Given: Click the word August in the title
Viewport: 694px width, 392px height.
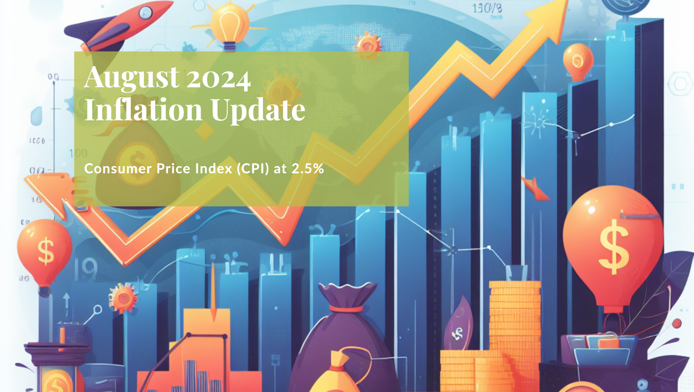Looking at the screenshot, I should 132,78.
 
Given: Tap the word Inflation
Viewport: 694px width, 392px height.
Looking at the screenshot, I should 143,110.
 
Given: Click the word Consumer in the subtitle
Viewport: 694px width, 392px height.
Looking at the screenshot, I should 118,169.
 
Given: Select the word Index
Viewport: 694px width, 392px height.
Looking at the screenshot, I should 214,169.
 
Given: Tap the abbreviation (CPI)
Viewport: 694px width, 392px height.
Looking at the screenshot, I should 253,169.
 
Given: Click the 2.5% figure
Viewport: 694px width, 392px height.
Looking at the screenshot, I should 308,169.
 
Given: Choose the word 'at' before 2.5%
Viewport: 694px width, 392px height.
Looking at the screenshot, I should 280,169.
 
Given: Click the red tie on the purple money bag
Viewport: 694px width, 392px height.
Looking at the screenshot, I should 346,309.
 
